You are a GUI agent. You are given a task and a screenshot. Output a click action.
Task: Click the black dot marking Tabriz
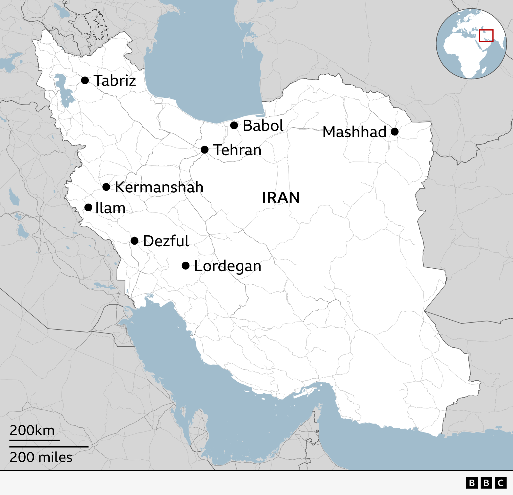[85, 80]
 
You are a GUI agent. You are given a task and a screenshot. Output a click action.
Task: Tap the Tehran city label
[237, 150]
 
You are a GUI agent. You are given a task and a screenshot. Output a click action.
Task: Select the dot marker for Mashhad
[395, 131]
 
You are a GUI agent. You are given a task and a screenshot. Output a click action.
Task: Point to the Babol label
[263, 125]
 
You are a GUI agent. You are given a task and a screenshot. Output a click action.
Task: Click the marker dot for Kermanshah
[106, 187]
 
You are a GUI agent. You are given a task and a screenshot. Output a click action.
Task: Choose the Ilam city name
[110, 208]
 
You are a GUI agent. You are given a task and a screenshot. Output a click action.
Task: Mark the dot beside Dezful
[135, 241]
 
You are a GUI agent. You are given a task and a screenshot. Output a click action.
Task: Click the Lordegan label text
[228, 266]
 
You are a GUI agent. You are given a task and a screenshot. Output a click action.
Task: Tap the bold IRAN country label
[281, 197]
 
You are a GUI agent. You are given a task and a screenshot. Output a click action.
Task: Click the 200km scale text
[32, 430]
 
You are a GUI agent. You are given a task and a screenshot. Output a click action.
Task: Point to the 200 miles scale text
[41, 457]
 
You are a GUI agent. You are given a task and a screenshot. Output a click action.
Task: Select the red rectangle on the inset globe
[486, 36]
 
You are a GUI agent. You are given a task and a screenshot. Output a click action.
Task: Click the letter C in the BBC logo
[501, 483]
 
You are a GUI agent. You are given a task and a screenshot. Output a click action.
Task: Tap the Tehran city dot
[205, 150]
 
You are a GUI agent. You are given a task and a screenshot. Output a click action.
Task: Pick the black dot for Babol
[234, 125]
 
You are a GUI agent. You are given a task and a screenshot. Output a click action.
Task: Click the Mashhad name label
[354, 132]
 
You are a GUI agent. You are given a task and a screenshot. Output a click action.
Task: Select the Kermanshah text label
[159, 187]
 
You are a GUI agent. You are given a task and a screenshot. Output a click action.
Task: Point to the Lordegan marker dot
[186, 265]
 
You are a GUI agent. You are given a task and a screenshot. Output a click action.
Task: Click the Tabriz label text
[115, 80]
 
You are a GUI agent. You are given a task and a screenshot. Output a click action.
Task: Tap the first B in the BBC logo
[472, 483]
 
